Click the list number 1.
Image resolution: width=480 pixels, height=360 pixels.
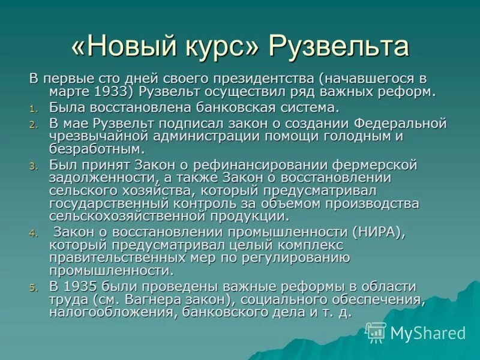tap(34, 109)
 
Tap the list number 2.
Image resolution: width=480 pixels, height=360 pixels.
tap(34, 125)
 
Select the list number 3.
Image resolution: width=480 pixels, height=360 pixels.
tap(34, 166)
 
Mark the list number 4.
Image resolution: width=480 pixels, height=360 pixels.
tap(34, 233)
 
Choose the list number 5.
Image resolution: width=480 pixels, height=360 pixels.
tap(34, 287)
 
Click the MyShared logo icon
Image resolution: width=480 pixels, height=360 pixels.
tap(376, 332)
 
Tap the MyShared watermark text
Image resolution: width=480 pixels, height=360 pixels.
tap(428, 333)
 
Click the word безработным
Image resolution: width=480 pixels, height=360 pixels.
tap(97, 149)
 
